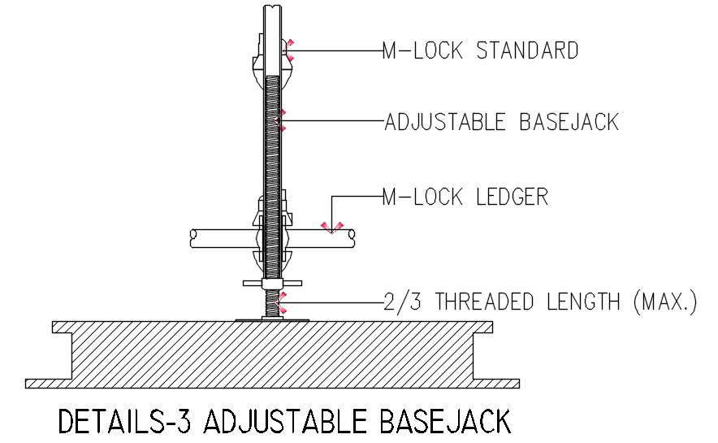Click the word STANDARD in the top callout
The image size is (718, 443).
pos(527,50)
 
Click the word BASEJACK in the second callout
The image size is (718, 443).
pos(569,122)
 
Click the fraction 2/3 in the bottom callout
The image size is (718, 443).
pos(404,302)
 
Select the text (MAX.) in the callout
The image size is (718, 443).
pos(664,302)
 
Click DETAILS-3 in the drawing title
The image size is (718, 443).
pos(127,423)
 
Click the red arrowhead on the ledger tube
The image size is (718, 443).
pos(331,227)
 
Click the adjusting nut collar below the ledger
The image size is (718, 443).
pos(271,283)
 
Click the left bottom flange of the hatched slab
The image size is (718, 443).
pos(49,383)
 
